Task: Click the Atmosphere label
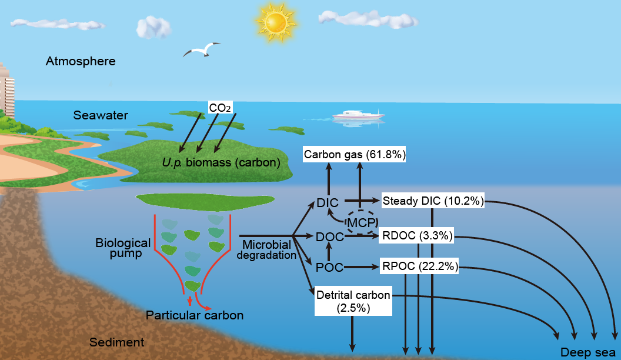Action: click(x=81, y=61)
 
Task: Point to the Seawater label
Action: click(x=101, y=115)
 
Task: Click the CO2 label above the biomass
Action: click(x=221, y=107)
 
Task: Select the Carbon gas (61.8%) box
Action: click(x=355, y=155)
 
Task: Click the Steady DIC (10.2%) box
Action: click(x=433, y=201)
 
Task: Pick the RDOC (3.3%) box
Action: click(x=417, y=236)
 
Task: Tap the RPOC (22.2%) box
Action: click(x=419, y=266)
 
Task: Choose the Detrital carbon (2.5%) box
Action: click(x=352, y=300)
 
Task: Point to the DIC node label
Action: click(x=327, y=203)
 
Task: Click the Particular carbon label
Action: click(x=195, y=315)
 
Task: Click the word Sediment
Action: click(x=116, y=342)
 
